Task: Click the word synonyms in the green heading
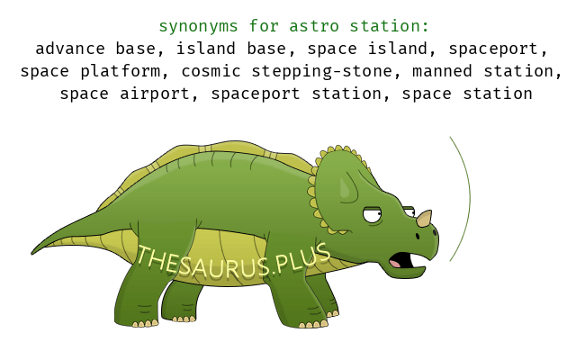point(199,26)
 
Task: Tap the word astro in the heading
point(314,26)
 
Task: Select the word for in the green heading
point(264,26)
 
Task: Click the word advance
point(70,49)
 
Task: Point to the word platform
point(121,72)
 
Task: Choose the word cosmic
point(211,71)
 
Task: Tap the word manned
point(442,71)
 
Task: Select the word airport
point(155,94)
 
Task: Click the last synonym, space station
point(467,94)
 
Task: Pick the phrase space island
point(367,49)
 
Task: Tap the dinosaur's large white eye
point(372,215)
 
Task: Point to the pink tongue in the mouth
point(395,264)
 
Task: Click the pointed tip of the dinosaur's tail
point(32,254)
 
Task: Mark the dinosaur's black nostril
point(418,236)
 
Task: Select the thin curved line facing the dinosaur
point(470,198)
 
